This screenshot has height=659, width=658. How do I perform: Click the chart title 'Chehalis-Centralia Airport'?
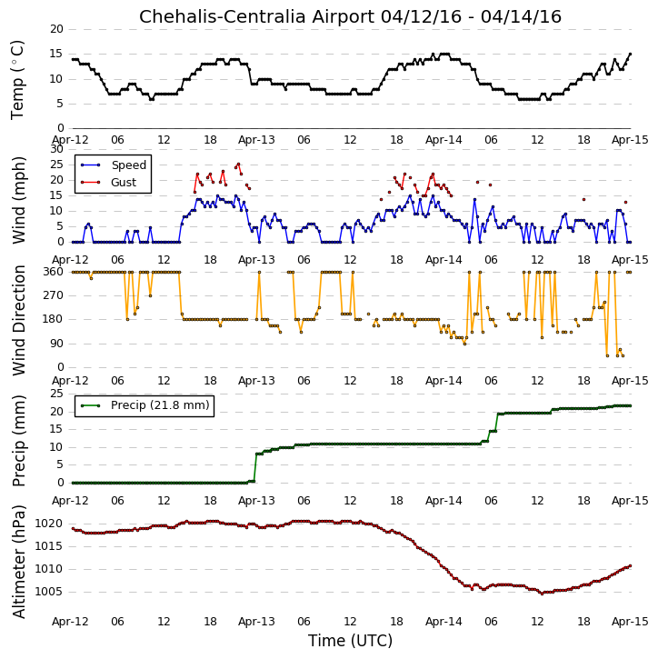[x=256, y=16]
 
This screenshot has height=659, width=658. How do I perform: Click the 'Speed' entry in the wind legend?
[x=128, y=165]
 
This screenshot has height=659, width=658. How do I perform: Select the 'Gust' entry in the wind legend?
[x=124, y=183]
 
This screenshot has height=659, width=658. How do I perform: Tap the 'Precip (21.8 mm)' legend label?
[x=160, y=405]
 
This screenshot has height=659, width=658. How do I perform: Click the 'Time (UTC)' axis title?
[x=350, y=641]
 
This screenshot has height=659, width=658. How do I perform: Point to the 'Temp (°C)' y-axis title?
[x=17, y=80]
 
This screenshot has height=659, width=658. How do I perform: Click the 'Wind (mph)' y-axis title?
[x=18, y=200]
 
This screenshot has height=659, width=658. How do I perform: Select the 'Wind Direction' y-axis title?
[x=18, y=320]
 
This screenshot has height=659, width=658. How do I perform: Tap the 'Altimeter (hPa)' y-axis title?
[x=18, y=562]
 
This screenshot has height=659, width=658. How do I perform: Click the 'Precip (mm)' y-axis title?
[x=18, y=441]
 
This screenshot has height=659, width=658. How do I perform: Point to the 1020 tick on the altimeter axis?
[x=48, y=524]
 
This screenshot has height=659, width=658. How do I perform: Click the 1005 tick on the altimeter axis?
[x=48, y=592]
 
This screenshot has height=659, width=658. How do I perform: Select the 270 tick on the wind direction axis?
[x=54, y=295]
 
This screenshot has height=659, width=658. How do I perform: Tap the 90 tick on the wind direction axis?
[x=56, y=344]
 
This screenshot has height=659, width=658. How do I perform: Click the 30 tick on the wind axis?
[x=56, y=149]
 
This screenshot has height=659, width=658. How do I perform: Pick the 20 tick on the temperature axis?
[x=56, y=29]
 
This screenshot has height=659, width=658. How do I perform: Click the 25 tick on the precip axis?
[x=56, y=394]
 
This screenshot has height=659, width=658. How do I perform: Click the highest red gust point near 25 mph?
[x=238, y=164]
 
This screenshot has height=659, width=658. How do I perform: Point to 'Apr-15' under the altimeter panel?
[x=630, y=622]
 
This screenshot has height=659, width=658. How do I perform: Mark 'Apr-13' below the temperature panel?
[x=256, y=140]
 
